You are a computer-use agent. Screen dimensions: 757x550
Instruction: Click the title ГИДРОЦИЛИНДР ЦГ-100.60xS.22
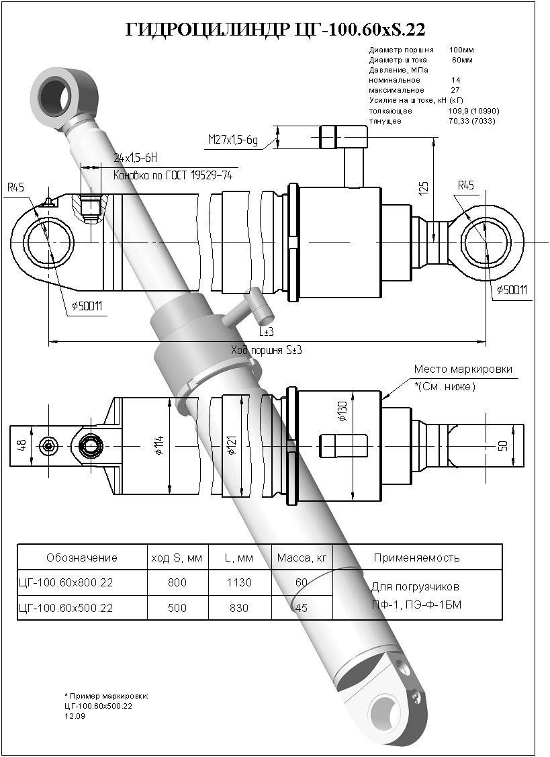pos(275,30)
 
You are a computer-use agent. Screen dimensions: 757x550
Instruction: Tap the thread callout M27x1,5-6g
pos(233,140)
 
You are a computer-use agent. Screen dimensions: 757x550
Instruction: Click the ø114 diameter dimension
pos(159,444)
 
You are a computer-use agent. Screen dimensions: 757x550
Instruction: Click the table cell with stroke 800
pos(177,582)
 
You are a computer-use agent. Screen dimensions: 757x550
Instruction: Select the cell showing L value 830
pos(238,608)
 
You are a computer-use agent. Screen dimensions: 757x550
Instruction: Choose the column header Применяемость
pos(416,558)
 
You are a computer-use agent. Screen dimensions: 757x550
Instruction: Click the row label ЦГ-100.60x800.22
pos(66,582)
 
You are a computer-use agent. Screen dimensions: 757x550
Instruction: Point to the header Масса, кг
pos(302,558)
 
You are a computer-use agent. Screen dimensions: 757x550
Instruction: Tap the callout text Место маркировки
pos(463,369)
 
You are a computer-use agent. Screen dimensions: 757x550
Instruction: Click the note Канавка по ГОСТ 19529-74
pos(173,175)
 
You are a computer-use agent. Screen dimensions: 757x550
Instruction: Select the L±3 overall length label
pos(267,332)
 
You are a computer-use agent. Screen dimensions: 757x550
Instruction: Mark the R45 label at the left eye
pos(15,187)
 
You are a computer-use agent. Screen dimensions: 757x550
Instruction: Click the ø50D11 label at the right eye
pos(512,290)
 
